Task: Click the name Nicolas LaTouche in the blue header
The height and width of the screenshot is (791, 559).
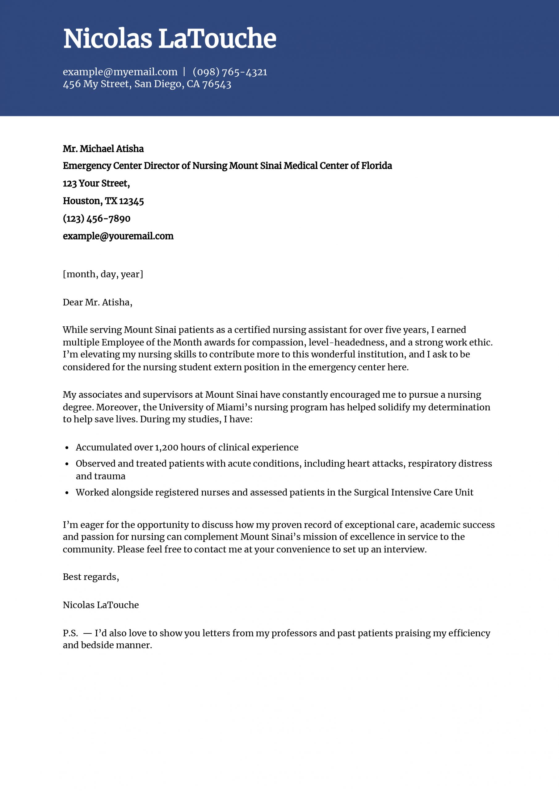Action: pyautogui.click(x=170, y=39)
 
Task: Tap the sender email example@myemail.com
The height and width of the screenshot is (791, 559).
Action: pyautogui.click(x=120, y=72)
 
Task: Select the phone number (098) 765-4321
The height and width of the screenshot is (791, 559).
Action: pyautogui.click(x=230, y=72)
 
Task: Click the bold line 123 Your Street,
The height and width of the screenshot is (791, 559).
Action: pyautogui.click(x=96, y=183)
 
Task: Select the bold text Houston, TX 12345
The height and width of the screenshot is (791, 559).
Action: pyautogui.click(x=103, y=201)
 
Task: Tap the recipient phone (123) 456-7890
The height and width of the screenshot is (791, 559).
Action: pyautogui.click(x=96, y=218)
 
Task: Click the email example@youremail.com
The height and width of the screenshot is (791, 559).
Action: pyautogui.click(x=118, y=236)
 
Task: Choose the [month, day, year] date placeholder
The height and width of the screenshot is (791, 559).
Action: pyautogui.click(x=103, y=274)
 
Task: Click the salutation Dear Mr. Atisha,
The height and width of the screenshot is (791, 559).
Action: pyautogui.click(x=98, y=302)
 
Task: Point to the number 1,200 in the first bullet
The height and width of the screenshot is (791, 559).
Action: pyautogui.click(x=166, y=447)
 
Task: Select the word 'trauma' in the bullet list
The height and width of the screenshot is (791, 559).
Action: pyautogui.click(x=101, y=476)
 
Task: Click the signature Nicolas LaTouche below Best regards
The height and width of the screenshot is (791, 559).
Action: pyautogui.click(x=101, y=605)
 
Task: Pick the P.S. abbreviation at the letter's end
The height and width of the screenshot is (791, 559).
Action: pyautogui.click(x=71, y=633)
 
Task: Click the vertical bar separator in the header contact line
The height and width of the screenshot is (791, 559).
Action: pyautogui.click(x=184, y=72)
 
